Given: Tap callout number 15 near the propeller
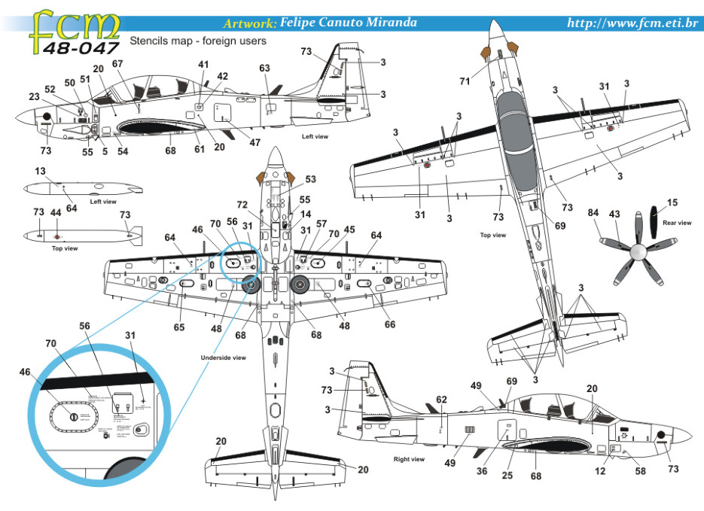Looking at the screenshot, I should (x=672, y=203).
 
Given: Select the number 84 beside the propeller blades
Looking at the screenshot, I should (x=593, y=214).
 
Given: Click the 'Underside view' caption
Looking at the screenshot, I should (x=224, y=357).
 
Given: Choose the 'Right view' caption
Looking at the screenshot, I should (x=409, y=458).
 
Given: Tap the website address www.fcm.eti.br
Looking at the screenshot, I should (x=632, y=23).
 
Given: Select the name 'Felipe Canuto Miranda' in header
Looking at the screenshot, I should (x=348, y=23).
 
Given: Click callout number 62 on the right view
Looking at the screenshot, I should (x=441, y=400).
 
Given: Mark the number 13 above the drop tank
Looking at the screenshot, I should (x=39, y=172).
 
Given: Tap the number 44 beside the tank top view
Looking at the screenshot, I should (x=56, y=214).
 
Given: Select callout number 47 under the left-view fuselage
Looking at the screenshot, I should (x=255, y=142).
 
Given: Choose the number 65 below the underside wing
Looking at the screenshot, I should (x=178, y=327).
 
